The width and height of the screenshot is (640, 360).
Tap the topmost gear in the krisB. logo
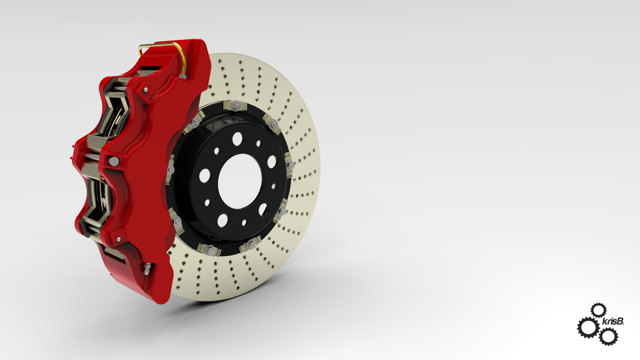coord(598,310)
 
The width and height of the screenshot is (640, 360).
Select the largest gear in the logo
coord(587,327)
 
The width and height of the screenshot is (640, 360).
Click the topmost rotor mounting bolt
coord(237,106)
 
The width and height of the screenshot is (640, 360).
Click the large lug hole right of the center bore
coord(272,161)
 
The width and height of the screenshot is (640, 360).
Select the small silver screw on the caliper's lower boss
coord(118,238)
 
